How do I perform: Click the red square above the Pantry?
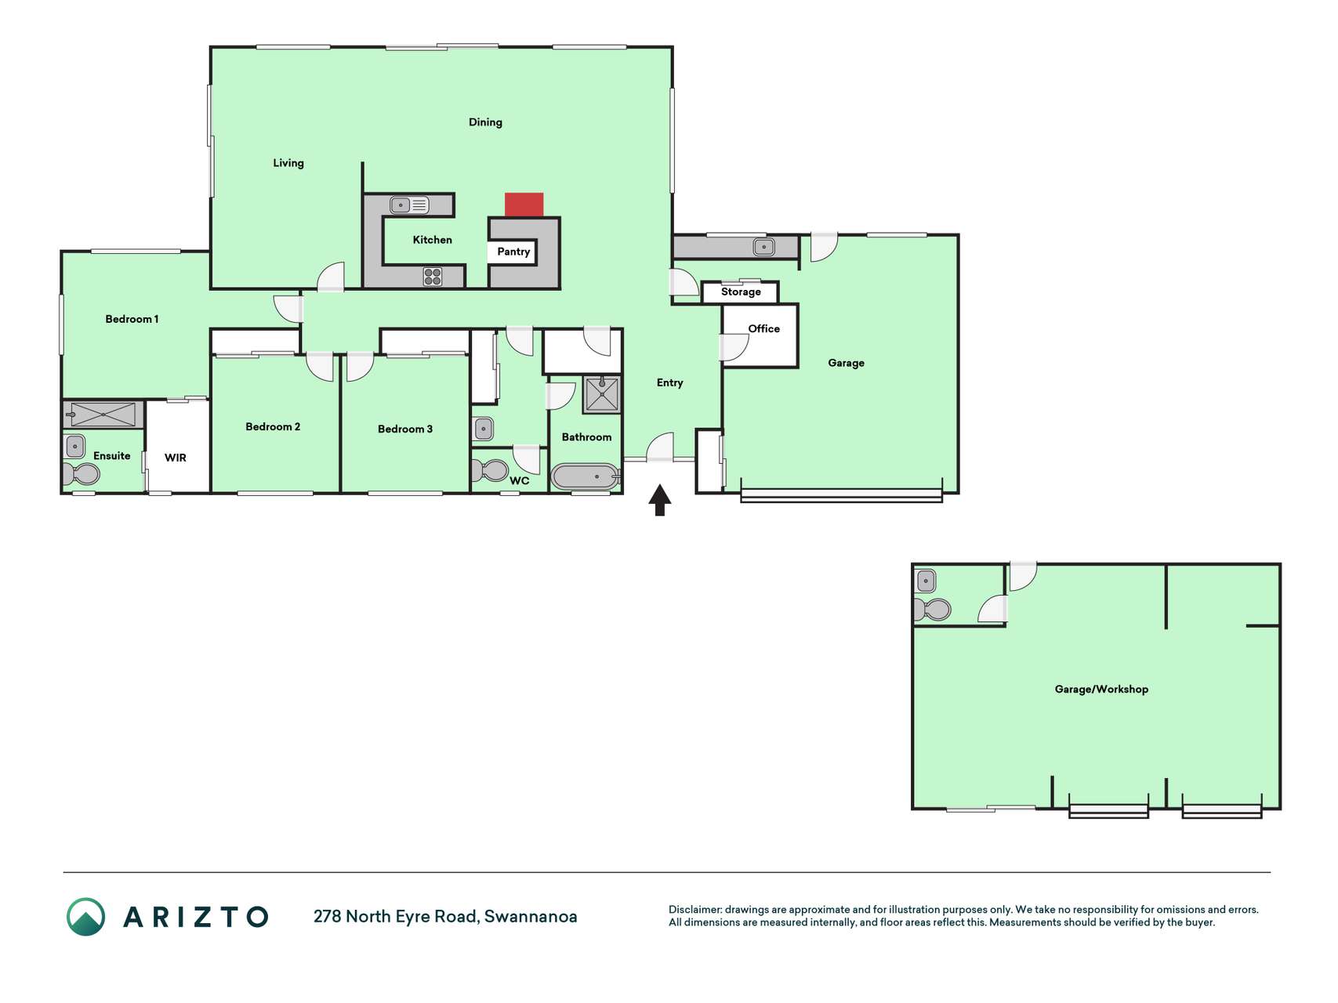pos(524,205)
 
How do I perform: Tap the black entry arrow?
pos(660,500)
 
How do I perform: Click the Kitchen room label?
pos(433,240)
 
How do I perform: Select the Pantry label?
pos(513,252)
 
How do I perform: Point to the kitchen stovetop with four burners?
pos(433,276)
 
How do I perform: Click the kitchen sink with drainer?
pos(410,205)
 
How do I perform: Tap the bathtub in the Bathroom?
pos(585,476)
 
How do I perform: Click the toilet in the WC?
pos(490,470)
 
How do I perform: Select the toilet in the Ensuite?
pos(82,473)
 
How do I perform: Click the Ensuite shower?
pos(103,415)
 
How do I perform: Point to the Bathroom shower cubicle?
pos(602,394)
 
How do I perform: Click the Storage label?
pos(741,291)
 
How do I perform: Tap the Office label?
pos(764,328)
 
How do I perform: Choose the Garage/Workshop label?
pos(1101,690)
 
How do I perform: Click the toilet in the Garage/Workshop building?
pos(933,609)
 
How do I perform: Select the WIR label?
pos(176,458)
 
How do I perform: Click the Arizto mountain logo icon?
pos(85,917)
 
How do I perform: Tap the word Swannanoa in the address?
pos(531,916)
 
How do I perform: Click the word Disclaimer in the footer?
pos(695,910)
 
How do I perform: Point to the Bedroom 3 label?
pos(405,429)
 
